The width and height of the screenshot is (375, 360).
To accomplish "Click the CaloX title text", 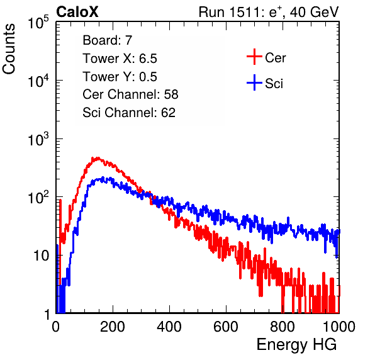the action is pos(77,12).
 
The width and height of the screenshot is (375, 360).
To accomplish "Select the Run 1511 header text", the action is pos(269,12).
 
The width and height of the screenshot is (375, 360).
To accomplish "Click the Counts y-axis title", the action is pos(9,49).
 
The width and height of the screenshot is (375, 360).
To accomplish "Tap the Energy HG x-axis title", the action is pos(296,345).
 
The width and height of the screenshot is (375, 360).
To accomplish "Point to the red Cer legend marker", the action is pos(254,57).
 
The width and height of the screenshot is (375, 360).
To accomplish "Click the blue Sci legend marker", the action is pos(254,83).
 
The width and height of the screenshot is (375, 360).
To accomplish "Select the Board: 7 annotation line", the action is pos(108,40).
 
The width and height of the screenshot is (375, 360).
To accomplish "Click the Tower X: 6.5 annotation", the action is pos(120,59).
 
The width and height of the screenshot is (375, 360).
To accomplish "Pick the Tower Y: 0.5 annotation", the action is pos(120,77).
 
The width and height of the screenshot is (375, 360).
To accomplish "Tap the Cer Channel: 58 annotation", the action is pos(130,94).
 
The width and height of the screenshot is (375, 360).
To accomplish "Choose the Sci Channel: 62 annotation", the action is pos(129,113).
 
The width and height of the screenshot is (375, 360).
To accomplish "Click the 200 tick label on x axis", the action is pos(113,327).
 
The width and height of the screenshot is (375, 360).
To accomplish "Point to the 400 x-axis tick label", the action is pos(169,327).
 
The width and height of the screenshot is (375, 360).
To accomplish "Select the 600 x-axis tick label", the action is pos(226,327).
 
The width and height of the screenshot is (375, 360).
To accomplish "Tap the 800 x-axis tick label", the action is pos(283,327).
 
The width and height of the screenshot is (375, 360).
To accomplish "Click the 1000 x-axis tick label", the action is pos(339,327).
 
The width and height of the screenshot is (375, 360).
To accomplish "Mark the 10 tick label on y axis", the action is pos(42,256).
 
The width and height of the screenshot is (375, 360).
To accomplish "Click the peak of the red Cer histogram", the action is pos(97,158).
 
